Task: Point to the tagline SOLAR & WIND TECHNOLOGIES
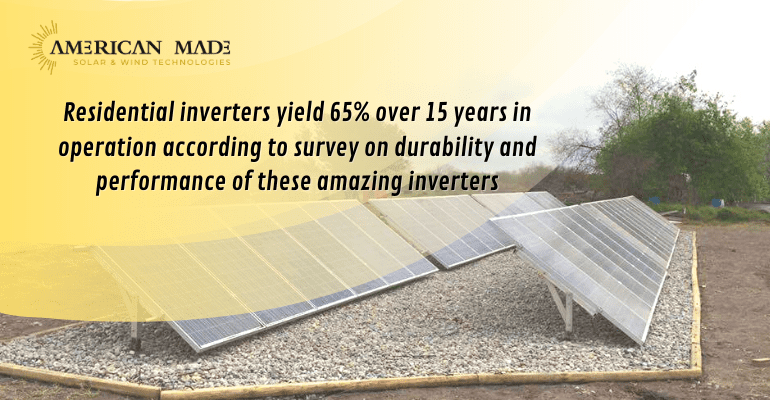pyautogui.click(x=151, y=62)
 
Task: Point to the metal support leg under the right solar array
pyautogui.click(x=566, y=310)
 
